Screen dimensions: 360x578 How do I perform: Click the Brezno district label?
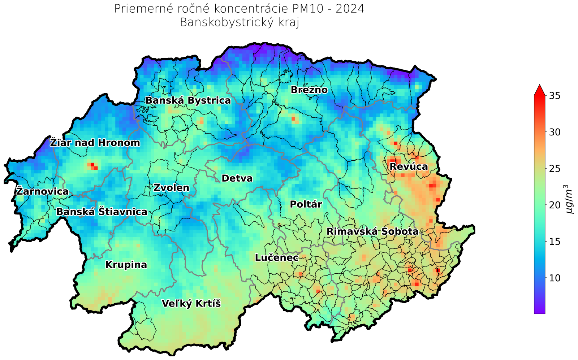coord(309,90)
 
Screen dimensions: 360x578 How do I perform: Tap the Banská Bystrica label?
coord(188,100)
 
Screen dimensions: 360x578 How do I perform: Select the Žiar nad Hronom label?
coord(95,143)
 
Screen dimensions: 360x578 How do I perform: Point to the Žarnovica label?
coord(42,191)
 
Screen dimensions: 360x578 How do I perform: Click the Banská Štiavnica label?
coord(102,212)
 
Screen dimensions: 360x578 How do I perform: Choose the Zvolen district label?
coord(171,188)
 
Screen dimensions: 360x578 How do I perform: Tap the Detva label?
coord(237,178)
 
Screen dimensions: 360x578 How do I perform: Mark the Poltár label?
coord(306,204)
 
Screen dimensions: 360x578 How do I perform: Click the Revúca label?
coord(409,166)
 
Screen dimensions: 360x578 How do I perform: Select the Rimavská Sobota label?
coord(372,231)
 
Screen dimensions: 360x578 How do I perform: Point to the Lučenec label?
coord(277,258)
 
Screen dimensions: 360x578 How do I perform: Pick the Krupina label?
coord(126,265)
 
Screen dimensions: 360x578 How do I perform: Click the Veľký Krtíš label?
coord(191,304)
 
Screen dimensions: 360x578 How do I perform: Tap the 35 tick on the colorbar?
coord(555,96)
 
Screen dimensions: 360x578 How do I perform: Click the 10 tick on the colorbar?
coord(555,278)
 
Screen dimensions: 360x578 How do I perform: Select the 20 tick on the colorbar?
coord(555,205)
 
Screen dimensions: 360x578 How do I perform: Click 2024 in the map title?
coord(350,9)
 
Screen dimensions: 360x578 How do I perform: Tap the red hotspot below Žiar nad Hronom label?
coord(92,165)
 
